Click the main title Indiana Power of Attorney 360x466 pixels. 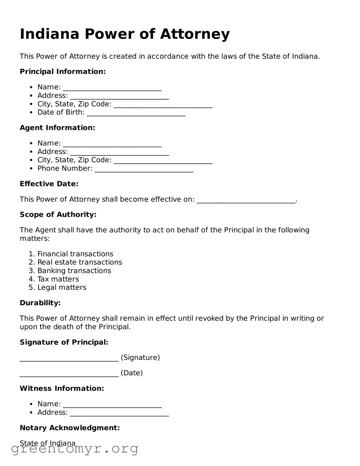click(x=124, y=34)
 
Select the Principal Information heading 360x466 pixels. click(x=63, y=72)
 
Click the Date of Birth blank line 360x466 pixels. click(x=136, y=113)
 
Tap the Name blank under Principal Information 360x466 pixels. click(x=112, y=88)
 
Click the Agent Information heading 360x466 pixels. click(x=57, y=128)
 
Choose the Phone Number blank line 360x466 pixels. click(x=144, y=169)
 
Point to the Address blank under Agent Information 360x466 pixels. click(x=119, y=152)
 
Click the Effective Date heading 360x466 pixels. click(x=49, y=184)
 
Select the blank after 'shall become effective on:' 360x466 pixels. click(x=246, y=200)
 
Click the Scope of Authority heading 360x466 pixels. click(x=58, y=215)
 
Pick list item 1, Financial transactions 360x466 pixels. click(x=75, y=254)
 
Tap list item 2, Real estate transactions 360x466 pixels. click(x=80, y=262)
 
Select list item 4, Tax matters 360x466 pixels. click(x=58, y=279)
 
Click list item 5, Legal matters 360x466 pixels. click(x=62, y=287)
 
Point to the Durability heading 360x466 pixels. click(x=40, y=303)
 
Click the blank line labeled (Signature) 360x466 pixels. click(x=69, y=358)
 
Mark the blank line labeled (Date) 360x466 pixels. click(x=69, y=374)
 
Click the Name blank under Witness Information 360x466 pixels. click(x=112, y=405)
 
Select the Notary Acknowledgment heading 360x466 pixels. click(x=70, y=428)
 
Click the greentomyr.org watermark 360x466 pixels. click(x=74, y=449)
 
